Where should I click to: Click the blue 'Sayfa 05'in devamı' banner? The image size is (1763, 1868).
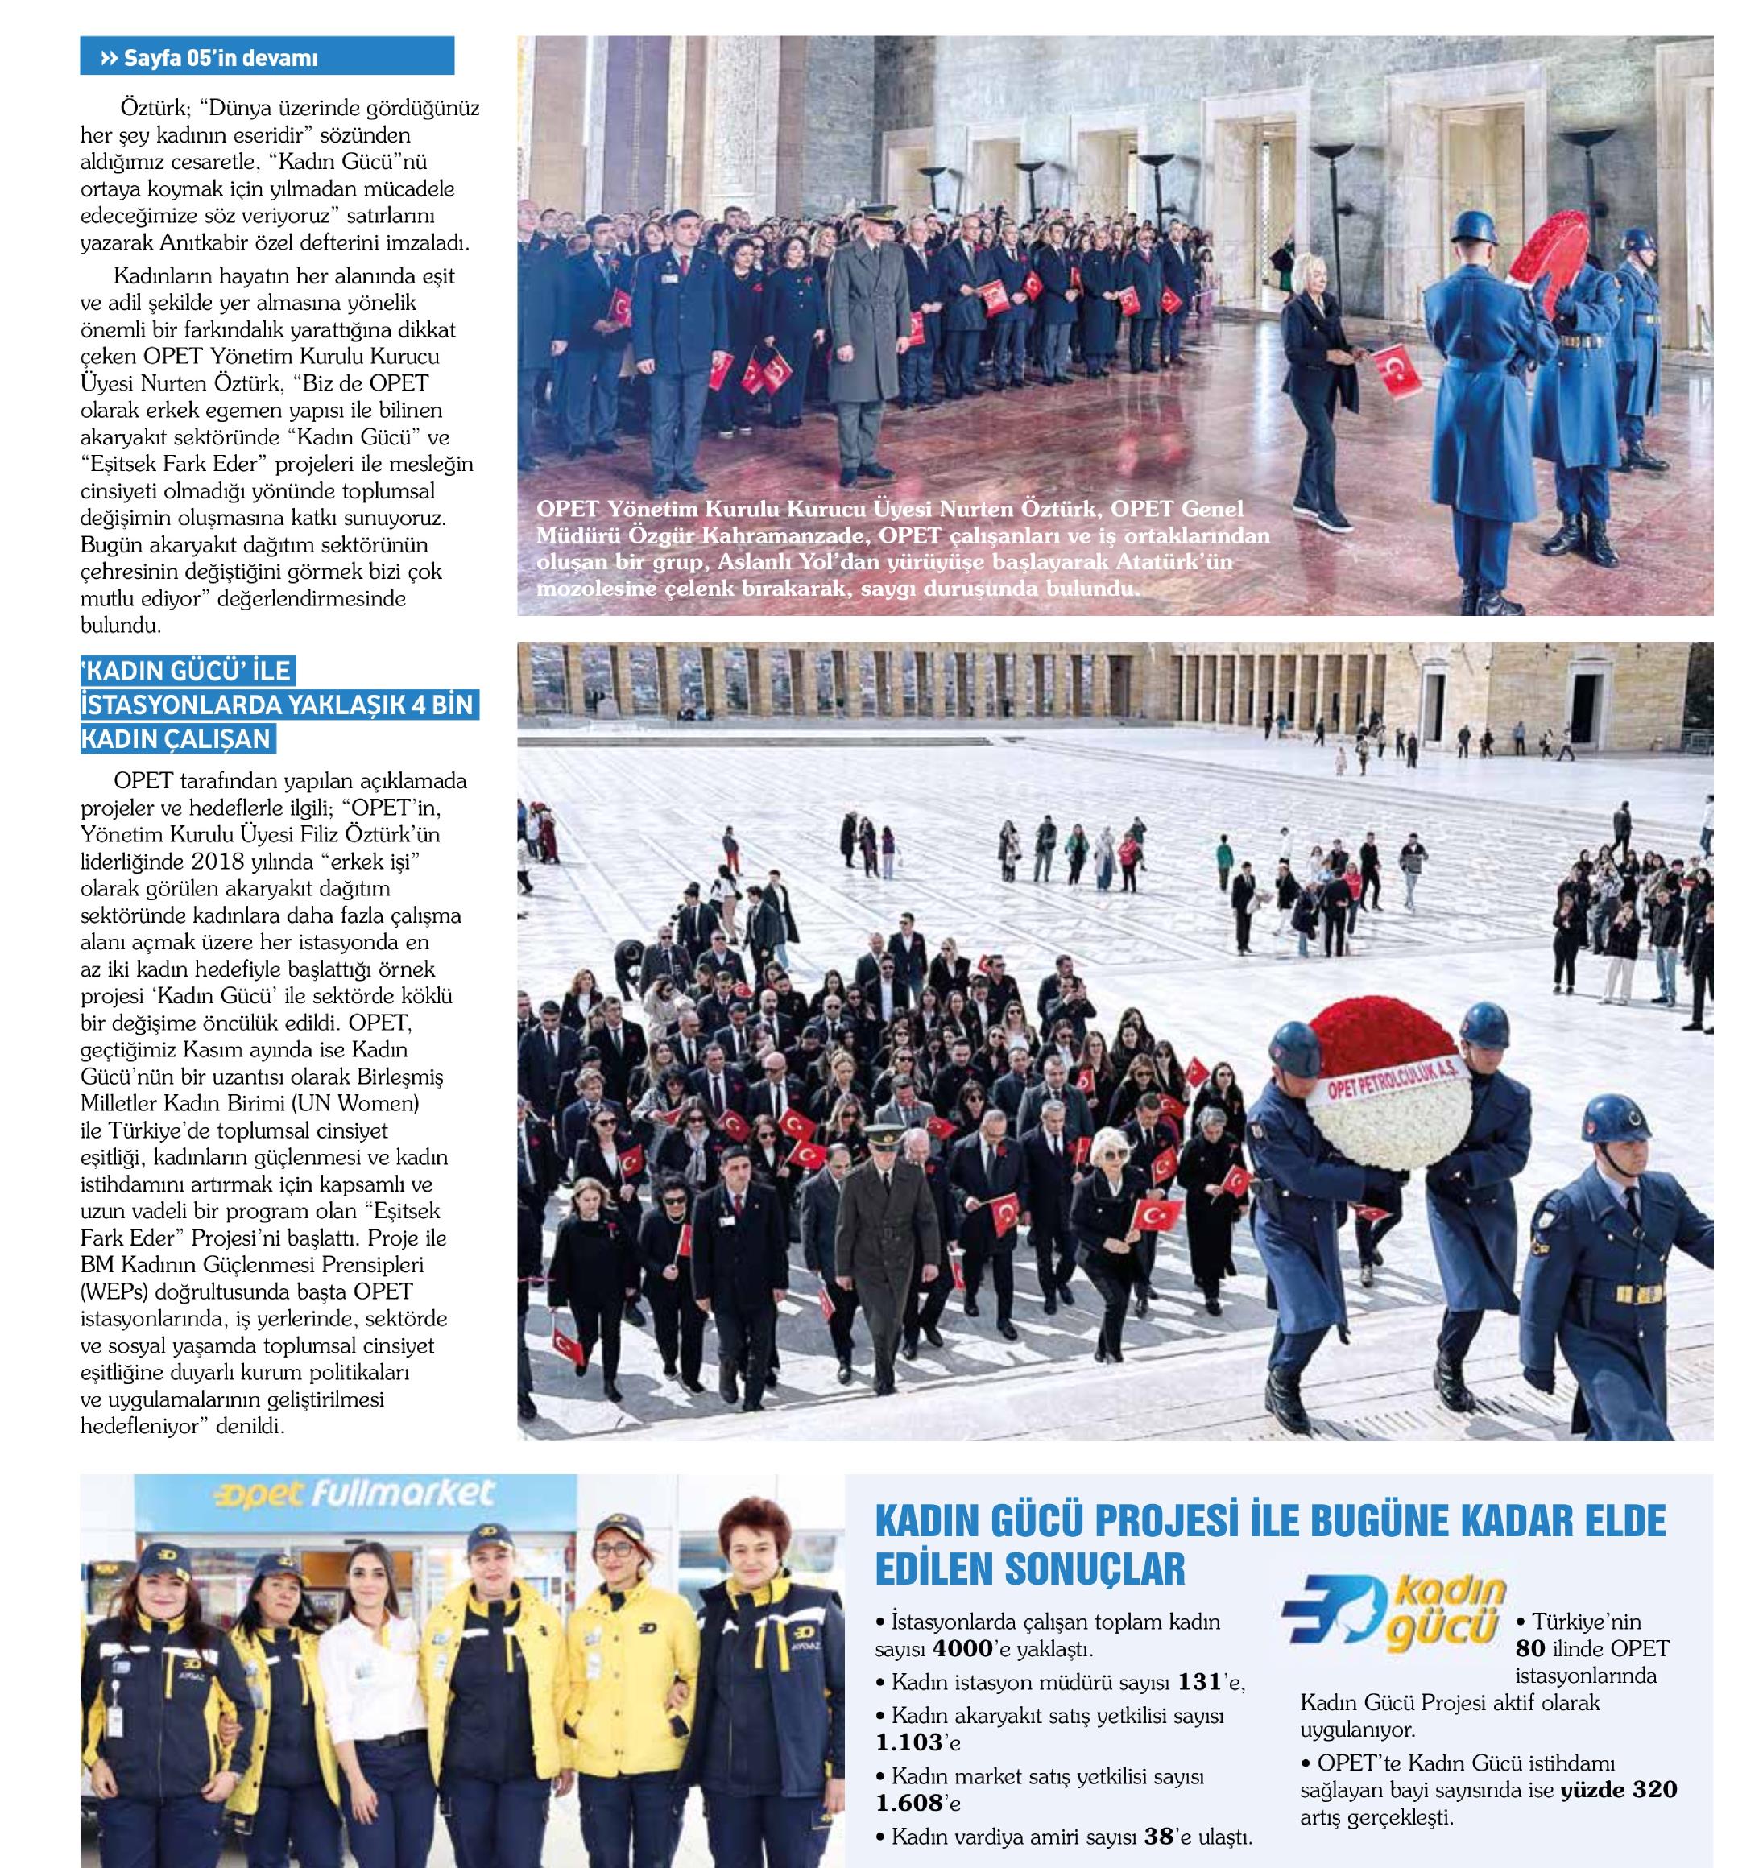(267, 57)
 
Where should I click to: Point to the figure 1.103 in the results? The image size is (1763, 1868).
(908, 1742)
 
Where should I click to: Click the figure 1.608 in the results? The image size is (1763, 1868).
(908, 1802)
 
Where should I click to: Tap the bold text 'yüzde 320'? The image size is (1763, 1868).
(1618, 1789)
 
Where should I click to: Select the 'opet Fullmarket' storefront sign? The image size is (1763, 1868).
(367, 1495)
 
